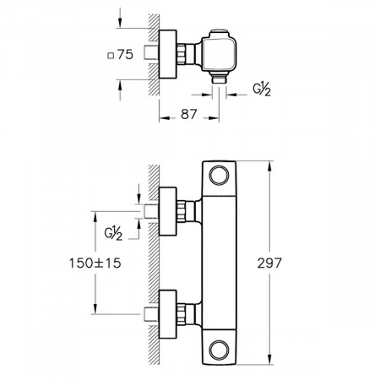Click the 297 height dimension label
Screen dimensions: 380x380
coord(269,263)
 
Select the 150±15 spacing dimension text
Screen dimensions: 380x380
coord(95,263)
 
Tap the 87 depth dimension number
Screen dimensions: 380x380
coord(188,114)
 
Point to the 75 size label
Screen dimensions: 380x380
coord(125,54)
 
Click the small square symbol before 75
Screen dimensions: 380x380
coord(111,56)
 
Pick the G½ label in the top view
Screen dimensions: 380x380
coord(262,90)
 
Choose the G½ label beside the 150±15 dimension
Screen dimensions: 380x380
coord(113,234)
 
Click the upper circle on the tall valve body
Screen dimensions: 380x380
coord(219,175)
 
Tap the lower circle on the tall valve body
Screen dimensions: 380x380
coord(219,350)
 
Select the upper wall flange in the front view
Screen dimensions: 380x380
coord(168,211)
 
